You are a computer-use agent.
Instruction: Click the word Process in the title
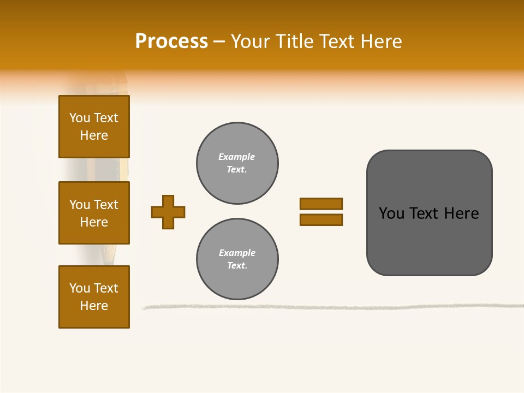pos(171,41)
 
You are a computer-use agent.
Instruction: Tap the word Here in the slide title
pos(380,41)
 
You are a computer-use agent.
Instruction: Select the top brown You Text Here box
pos(94,127)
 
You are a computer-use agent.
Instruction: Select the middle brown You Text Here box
pos(94,213)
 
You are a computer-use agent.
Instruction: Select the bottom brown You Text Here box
pos(94,297)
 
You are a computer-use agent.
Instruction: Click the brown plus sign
pos(168,212)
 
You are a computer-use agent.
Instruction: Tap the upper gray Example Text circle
pos(237,163)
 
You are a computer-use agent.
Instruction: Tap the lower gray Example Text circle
pos(237,259)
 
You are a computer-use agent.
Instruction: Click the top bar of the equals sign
pos(321,204)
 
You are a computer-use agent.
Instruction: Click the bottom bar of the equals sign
pos(321,219)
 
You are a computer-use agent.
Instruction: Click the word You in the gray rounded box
pos(391,213)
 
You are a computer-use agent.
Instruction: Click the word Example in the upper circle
pos(237,157)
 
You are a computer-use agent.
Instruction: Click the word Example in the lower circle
pos(237,253)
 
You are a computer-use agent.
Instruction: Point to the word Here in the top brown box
pos(94,135)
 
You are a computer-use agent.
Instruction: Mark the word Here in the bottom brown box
pos(94,306)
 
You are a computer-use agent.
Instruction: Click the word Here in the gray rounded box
pos(461,213)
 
